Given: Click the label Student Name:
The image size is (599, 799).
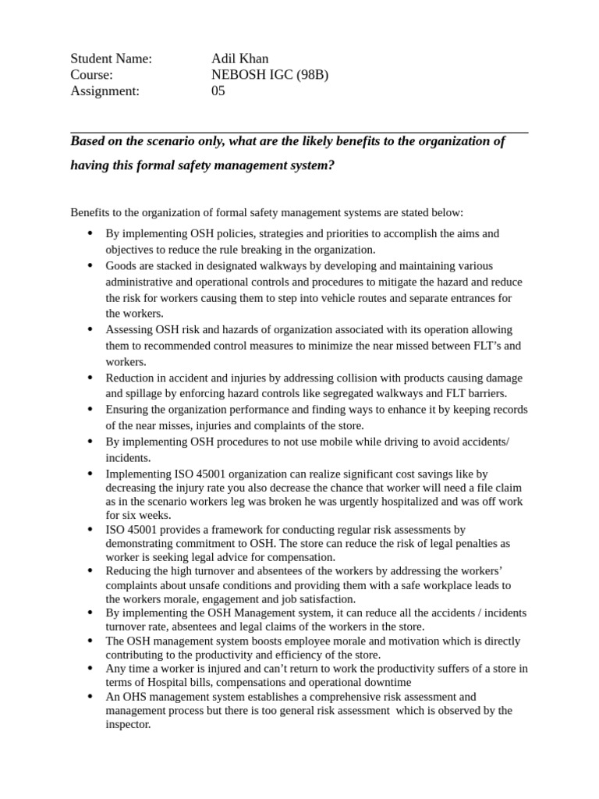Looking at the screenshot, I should pyautogui.click(x=111, y=59).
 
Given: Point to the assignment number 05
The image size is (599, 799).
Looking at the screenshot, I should pyautogui.click(x=218, y=91).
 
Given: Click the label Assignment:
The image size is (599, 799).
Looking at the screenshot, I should pyautogui.click(x=105, y=91).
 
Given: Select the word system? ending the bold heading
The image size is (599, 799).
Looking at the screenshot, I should pyautogui.click(x=311, y=166).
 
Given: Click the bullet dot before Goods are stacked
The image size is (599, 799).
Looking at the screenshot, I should pyautogui.click(x=90, y=266).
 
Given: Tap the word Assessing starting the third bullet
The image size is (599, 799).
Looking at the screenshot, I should pyautogui.click(x=130, y=330).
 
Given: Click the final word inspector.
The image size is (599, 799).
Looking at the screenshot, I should pyautogui.click(x=128, y=724).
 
